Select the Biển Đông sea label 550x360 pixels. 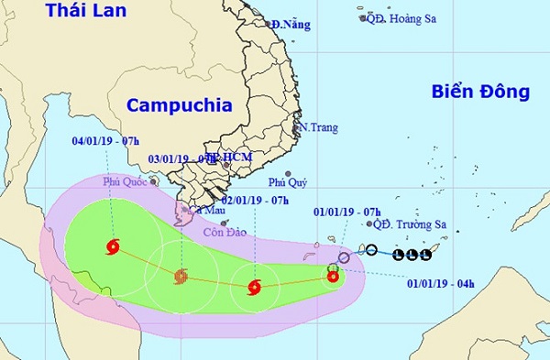tap(480, 92)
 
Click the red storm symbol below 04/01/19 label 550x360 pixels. tap(113, 245)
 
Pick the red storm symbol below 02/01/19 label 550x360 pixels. tap(254, 288)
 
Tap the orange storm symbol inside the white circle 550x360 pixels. tap(181, 276)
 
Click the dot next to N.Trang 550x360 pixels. tap(299, 127)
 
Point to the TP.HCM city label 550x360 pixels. tap(231, 158)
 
